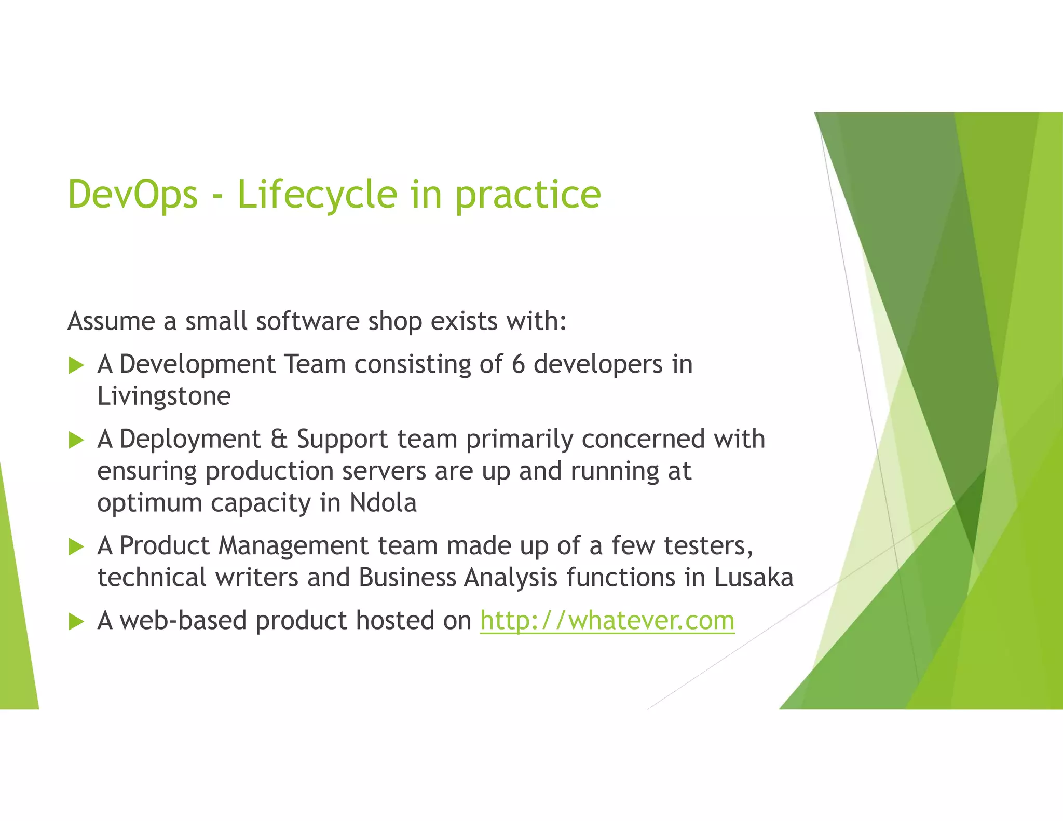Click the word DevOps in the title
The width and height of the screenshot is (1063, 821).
[133, 195]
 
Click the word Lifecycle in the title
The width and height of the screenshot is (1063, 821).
[317, 195]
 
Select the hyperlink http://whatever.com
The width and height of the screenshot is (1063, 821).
[607, 621]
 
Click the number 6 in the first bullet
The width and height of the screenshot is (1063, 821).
[518, 364]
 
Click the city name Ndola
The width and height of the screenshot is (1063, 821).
[383, 503]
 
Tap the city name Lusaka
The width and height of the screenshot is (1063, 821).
[754, 578]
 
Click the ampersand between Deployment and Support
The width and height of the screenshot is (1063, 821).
[278, 440]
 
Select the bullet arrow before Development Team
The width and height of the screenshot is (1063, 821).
[76, 365]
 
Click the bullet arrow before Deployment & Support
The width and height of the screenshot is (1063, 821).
[76, 441]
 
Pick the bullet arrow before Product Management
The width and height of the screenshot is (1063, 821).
[76, 546]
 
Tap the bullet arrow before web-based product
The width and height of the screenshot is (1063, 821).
[76, 621]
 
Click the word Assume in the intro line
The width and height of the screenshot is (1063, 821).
[111, 321]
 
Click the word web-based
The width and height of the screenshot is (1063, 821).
[183, 621]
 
